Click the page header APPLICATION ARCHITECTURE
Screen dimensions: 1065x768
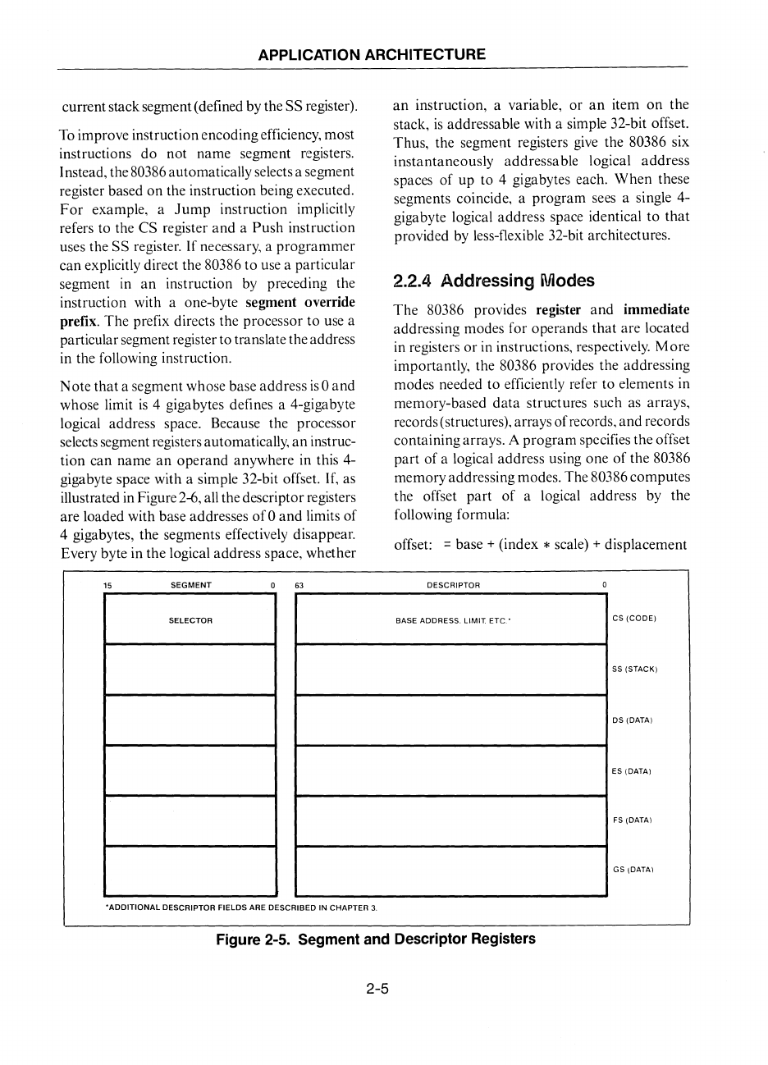click(372, 55)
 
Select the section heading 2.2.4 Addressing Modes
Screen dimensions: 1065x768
click(494, 281)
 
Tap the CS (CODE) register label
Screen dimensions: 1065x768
click(635, 618)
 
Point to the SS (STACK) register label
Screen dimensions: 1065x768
click(636, 669)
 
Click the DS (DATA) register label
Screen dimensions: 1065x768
click(632, 720)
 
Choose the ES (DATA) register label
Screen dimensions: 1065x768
click(631, 771)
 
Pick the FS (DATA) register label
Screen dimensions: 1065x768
click(632, 820)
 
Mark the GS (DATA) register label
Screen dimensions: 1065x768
click(633, 870)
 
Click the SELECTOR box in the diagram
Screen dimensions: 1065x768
click(190, 619)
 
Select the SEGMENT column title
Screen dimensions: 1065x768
click(190, 585)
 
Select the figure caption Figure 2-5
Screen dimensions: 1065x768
click(375, 939)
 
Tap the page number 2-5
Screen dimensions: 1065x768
click(377, 989)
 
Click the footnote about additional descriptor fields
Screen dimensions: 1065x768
click(241, 907)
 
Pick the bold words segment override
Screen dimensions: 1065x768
click(300, 302)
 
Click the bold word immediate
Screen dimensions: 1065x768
click(656, 309)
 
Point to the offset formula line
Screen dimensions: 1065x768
click(540, 544)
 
